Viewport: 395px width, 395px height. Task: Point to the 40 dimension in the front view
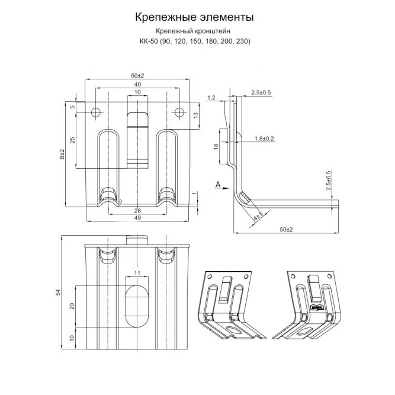[x=137, y=85]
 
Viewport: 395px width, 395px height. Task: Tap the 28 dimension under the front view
[x=137, y=211]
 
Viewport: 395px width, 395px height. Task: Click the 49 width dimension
[x=137, y=219]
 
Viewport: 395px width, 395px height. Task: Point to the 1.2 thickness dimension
[x=211, y=96]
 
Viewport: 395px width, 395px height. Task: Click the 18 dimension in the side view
[x=216, y=146]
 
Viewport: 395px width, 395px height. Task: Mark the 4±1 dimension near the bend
[x=256, y=217]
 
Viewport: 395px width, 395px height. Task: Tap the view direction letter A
[x=218, y=185]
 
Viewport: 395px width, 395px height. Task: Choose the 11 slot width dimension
[x=137, y=272]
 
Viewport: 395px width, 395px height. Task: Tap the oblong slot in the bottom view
[x=137, y=306]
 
